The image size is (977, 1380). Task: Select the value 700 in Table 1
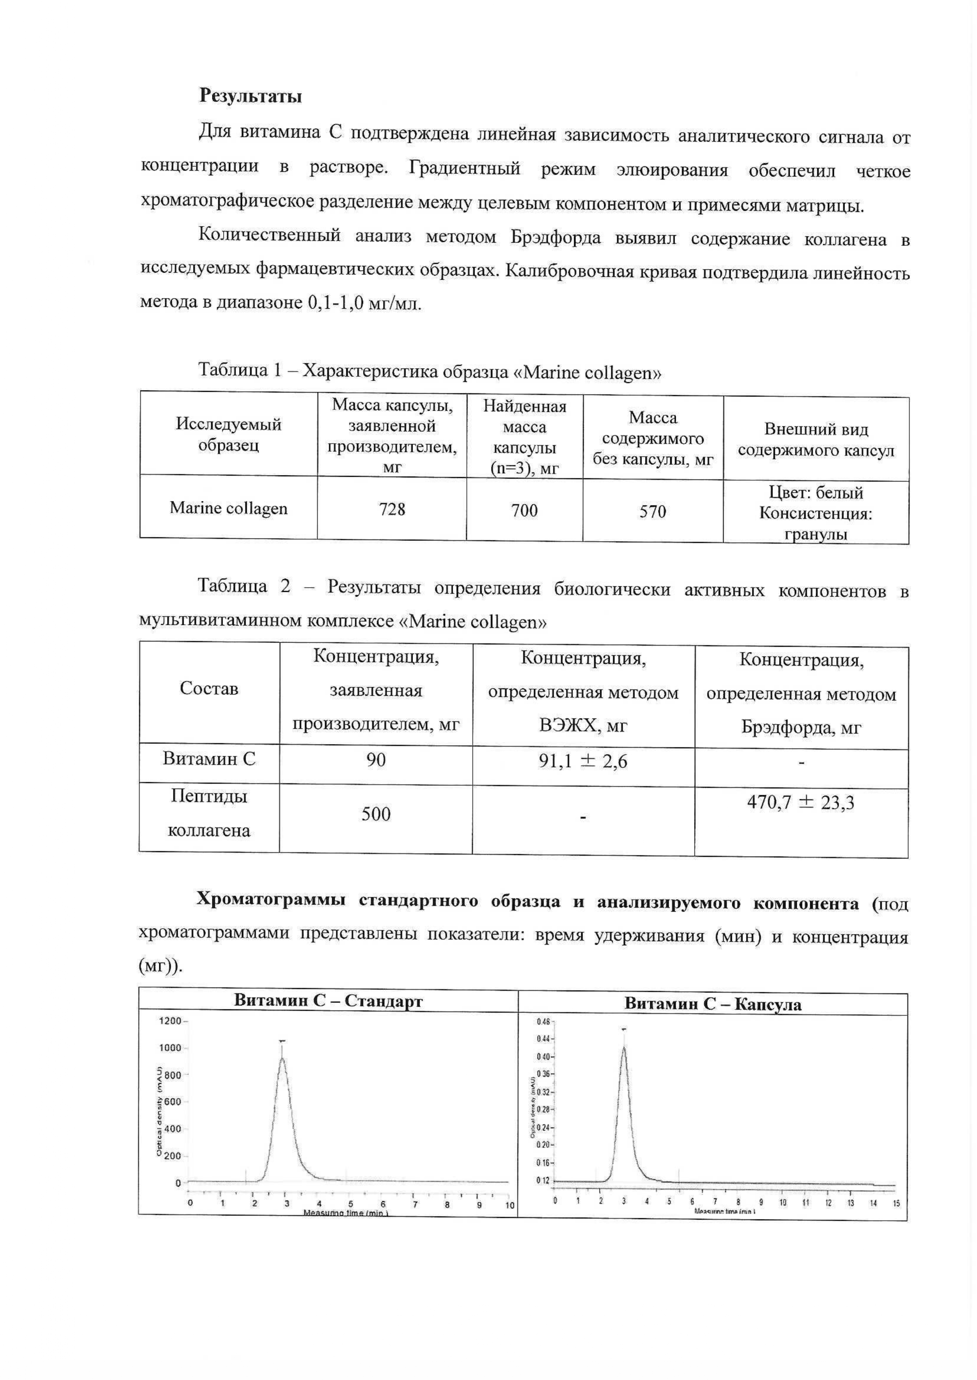(x=524, y=511)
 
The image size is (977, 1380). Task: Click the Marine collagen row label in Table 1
(x=229, y=509)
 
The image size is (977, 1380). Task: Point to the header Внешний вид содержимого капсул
(x=816, y=440)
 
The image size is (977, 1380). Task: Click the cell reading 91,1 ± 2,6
(x=583, y=762)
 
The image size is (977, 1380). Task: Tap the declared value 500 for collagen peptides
(x=376, y=814)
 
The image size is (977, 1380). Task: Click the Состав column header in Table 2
(x=209, y=688)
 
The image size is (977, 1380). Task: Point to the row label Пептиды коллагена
(x=209, y=813)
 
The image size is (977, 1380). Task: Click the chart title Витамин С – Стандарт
(x=328, y=1000)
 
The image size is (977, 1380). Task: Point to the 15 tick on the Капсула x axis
(x=896, y=1203)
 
